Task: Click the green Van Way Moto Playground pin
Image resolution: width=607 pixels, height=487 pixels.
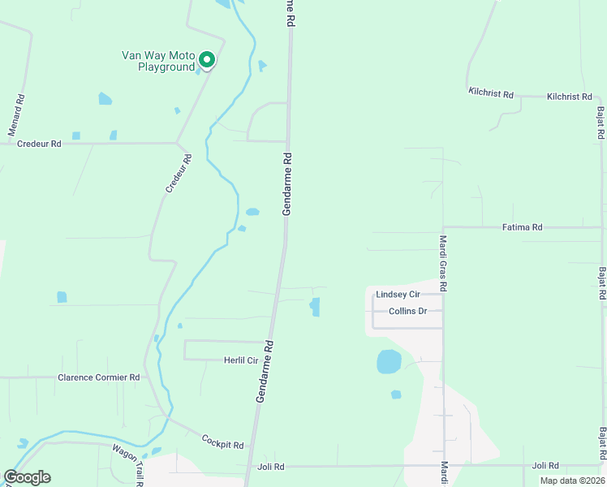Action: [x=207, y=60]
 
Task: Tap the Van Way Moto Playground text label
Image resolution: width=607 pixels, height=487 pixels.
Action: [x=158, y=61]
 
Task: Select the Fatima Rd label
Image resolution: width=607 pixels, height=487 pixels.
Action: [x=522, y=228]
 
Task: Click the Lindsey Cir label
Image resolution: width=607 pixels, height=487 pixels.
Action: [x=397, y=295]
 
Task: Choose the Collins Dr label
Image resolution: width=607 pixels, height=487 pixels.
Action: [x=407, y=311]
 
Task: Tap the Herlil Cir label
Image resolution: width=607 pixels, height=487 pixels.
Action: [x=240, y=360]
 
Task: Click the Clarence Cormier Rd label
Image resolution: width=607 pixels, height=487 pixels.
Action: [x=98, y=377]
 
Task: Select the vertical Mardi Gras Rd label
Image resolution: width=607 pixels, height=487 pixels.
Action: [x=443, y=264]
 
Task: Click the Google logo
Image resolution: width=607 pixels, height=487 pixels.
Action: [x=27, y=477]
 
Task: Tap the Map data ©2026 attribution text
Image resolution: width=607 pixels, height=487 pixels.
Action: [x=571, y=481]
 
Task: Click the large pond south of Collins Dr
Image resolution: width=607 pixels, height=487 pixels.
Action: [x=389, y=362]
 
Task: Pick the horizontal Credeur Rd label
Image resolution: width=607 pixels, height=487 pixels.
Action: [x=39, y=144]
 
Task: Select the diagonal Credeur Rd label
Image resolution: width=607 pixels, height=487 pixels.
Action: [x=178, y=173]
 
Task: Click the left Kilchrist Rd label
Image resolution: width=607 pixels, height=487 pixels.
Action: [x=491, y=94]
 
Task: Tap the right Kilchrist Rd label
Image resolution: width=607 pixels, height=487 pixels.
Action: [x=569, y=97]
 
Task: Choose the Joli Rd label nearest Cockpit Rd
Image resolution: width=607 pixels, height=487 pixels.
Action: [x=272, y=467]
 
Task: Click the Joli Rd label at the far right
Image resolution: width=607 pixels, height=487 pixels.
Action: [x=545, y=466]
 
